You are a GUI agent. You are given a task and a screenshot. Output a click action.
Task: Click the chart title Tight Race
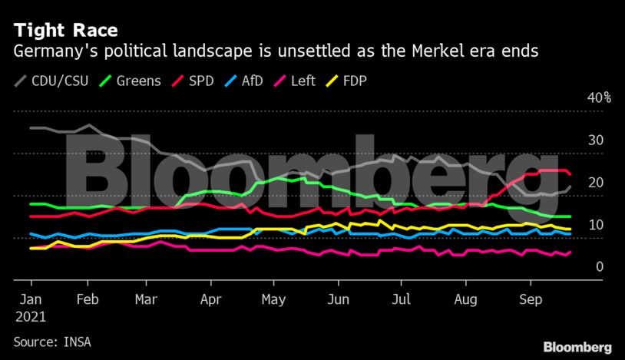click(x=65, y=31)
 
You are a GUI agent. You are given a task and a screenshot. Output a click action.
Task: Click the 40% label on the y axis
click(x=599, y=97)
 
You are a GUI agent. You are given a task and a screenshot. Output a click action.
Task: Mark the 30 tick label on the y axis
click(x=595, y=140)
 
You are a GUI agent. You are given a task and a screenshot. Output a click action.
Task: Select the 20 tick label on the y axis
click(x=595, y=183)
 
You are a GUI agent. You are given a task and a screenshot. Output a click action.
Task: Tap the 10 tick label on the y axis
click(x=595, y=225)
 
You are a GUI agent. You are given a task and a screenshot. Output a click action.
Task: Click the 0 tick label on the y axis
click(x=599, y=267)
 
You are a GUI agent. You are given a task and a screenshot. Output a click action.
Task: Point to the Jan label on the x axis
click(x=30, y=300)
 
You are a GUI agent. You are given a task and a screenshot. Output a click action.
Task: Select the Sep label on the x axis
click(x=528, y=300)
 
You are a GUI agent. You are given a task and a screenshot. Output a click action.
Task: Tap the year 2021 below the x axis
click(x=31, y=317)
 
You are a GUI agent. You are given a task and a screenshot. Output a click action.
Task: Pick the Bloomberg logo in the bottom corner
click(x=577, y=347)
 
